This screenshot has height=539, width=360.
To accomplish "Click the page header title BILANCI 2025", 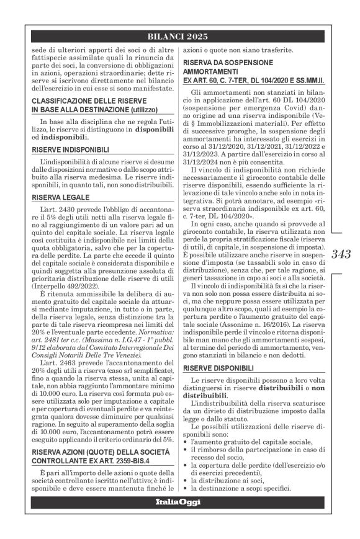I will [179, 36].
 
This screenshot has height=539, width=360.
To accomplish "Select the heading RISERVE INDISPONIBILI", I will [71, 150].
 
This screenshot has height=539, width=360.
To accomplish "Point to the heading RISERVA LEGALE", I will [60, 197].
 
